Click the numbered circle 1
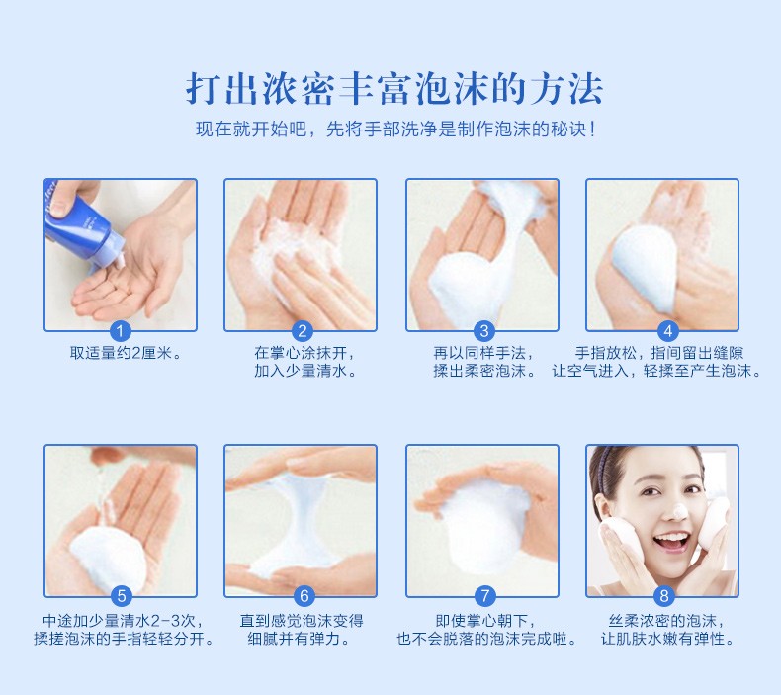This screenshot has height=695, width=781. (x=120, y=331)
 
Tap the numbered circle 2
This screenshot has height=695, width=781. (x=302, y=331)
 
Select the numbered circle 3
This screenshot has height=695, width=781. (x=483, y=331)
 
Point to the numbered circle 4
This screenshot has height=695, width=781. (x=668, y=331)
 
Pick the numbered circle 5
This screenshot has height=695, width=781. (x=122, y=595)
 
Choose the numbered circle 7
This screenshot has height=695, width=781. (x=484, y=595)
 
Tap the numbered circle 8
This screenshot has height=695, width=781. (x=664, y=595)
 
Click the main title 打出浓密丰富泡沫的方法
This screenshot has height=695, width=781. (x=394, y=89)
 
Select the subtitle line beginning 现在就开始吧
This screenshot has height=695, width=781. (x=396, y=130)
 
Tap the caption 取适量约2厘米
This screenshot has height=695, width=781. (x=126, y=353)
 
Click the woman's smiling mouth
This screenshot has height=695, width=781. (x=672, y=541)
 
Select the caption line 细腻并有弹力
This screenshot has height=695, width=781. (x=300, y=639)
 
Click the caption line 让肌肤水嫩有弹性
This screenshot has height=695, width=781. (x=667, y=639)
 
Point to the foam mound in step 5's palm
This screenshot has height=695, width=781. (x=107, y=558)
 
